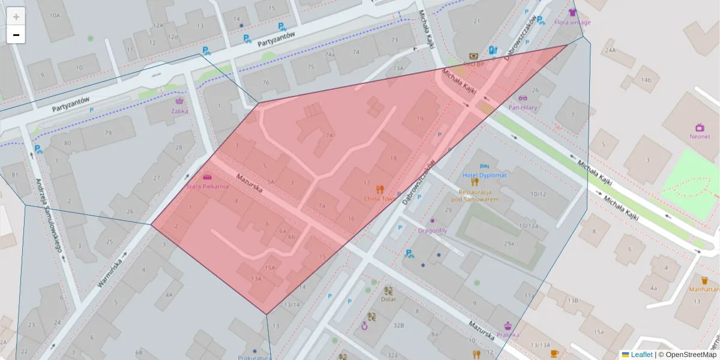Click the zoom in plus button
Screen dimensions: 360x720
coord(16,16)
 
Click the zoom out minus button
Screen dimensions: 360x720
coord(16,35)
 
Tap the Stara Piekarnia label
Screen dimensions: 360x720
coord(208,187)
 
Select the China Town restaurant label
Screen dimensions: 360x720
coord(379,199)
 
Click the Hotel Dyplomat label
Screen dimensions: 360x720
coord(484,175)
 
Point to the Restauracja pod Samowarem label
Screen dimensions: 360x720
coord(475,196)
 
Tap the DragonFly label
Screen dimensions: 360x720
coord(433,230)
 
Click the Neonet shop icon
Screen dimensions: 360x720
coord(700,127)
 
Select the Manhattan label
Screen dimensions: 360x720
coord(704,289)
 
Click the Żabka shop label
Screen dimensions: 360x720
coord(179,111)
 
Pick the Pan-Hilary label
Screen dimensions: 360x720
coord(522,107)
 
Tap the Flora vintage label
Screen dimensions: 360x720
coord(572,22)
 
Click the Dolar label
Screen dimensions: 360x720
coord(388,298)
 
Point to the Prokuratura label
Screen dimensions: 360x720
coord(254,357)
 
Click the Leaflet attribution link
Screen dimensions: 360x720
coord(641,355)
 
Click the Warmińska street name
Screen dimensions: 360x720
coord(109,272)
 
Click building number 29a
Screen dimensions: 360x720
coord(509,243)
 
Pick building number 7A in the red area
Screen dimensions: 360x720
coord(329,136)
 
